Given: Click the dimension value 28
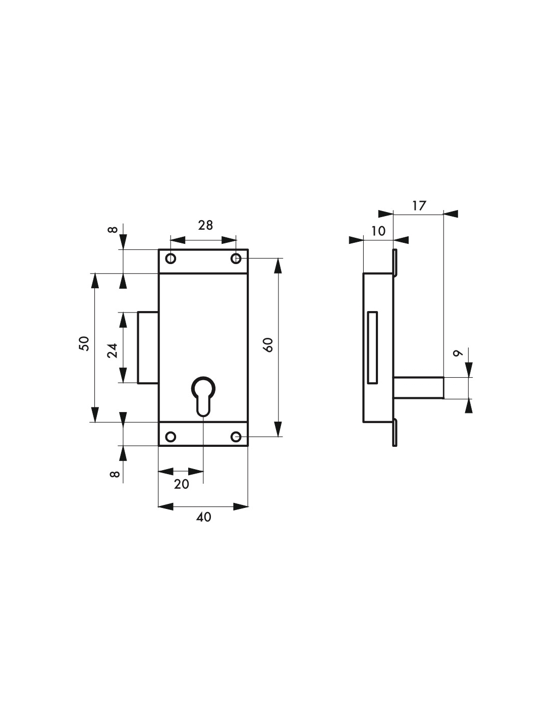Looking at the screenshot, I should click(x=205, y=225).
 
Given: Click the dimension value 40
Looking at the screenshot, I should click(x=204, y=517).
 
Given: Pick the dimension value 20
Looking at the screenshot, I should click(x=181, y=484).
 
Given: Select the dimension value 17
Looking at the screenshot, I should click(x=419, y=206).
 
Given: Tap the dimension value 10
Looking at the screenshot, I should click(x=378, y=231).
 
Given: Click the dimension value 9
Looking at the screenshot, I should click(x=457, y=353).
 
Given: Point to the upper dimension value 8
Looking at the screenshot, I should click(x=114, y=230).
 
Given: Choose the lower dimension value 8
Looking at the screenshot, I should click(x=115, y=474).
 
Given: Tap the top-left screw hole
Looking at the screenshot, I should click(x=171, y=259).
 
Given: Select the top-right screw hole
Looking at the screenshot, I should click(x=236, y=259).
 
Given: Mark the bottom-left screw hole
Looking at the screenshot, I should click(x=171, y=436).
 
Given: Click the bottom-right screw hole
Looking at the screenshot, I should click(x=236, y=436).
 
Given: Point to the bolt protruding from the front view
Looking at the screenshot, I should click(x=148, y=348).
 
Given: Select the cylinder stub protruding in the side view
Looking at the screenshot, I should click(x=419, y=388).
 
